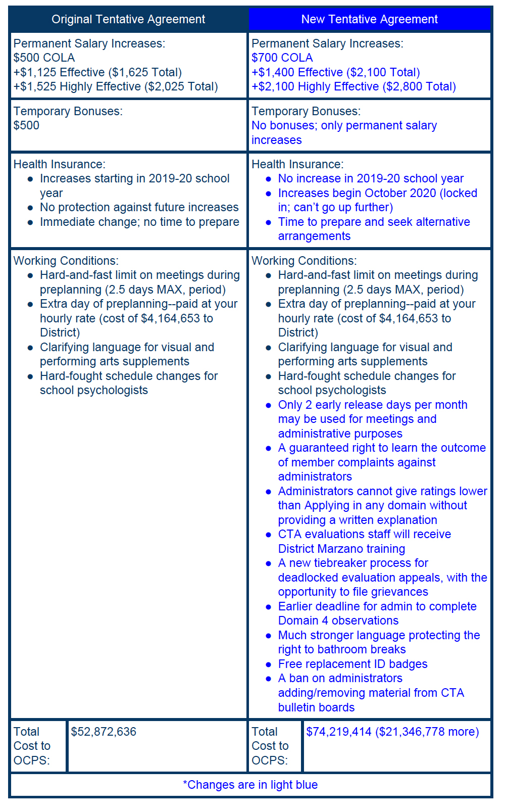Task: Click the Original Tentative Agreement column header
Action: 128,20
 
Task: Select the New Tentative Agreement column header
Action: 369,20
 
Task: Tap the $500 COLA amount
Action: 44,58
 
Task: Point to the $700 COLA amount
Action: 282,58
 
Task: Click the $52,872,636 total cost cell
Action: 104,732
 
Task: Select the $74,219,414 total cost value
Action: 339,732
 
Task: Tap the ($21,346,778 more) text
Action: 427,732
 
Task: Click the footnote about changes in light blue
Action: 250,785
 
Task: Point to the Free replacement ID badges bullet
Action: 352,664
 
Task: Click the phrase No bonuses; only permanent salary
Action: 344,126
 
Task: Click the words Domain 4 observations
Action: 338,621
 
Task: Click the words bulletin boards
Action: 316,707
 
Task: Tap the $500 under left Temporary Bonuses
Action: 26,126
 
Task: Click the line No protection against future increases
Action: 139,208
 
